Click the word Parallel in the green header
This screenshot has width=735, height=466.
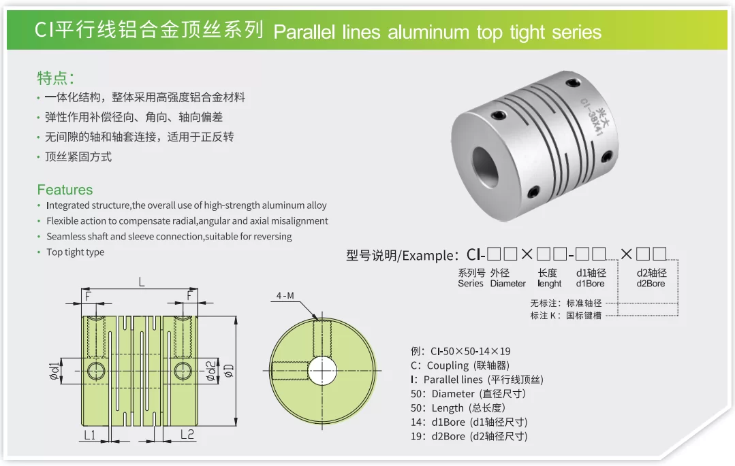(304, 32)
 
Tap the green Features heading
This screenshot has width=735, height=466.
(65, 190)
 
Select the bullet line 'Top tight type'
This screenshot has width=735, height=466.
(75, 252)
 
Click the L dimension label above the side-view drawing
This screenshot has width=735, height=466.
(142, 282)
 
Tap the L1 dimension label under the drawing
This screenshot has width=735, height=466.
(89, 435)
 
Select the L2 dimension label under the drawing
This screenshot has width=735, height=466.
(187, 435)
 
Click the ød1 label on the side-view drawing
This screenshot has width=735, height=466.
(55, 371)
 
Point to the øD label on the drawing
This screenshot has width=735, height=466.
(228, 371)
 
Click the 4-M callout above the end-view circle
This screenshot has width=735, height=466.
(285, 295)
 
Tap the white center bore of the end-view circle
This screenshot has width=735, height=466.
(322, 371)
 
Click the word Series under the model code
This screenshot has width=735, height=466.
(471, 284)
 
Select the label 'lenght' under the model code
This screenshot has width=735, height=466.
(549, 284)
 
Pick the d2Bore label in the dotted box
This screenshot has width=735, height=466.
(651, 284)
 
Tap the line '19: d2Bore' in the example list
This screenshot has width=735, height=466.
(469, 437)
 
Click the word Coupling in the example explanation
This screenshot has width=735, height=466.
(448, 365)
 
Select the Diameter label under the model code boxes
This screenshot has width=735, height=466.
(507, 284)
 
